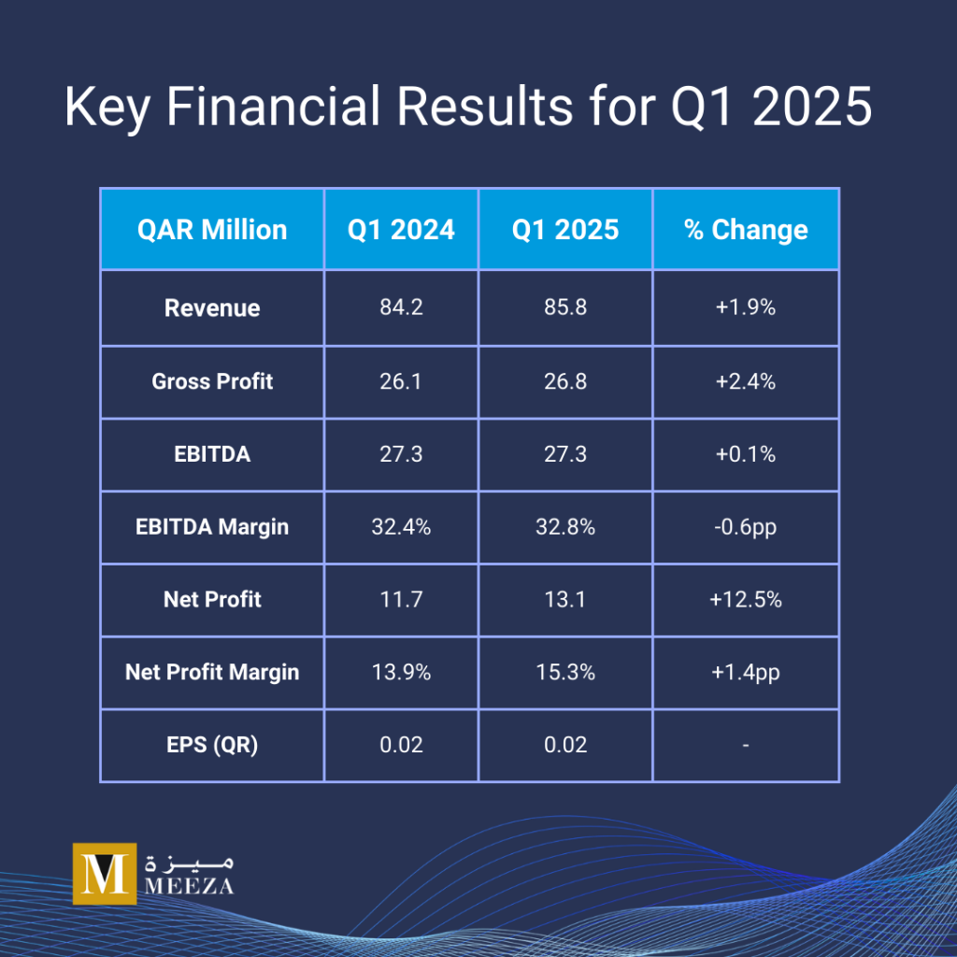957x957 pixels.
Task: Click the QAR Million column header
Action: pos(212,230)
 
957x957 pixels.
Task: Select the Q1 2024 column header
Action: pos(401,230)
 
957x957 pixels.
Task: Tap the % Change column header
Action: pos(746,230)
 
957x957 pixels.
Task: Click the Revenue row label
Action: pos(212,307)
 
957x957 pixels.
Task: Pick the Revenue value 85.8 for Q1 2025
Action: pos(564,307)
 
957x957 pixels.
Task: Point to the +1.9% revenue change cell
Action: pos(746,307)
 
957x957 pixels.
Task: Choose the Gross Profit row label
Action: pos(212,380)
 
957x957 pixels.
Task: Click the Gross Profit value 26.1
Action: pos(401,380)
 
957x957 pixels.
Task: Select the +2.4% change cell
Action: pos(746,380)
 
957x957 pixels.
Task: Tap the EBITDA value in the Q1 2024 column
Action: pos(401,453)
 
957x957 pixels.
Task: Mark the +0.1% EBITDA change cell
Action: pos(746,453)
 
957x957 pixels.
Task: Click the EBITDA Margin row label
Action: pos(212,526)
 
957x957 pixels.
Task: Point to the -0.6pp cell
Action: pos(746,526)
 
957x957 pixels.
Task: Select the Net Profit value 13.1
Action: pos(564,599)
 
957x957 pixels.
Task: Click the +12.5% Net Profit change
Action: pos(746,599)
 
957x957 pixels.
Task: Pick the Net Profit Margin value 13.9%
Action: pos(401,671)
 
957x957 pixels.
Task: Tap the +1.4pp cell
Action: pos(746,671)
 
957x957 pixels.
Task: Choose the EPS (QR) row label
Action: pos(212,745)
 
